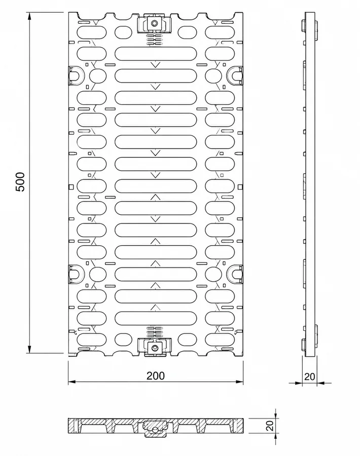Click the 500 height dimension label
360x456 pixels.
click(x=20, y=182)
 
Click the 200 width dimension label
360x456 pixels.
click(x=155, y=376)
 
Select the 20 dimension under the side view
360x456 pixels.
click(x=309, y=376)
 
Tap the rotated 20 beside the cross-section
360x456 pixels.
click(x=270, y=426)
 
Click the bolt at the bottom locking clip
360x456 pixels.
click(x=154, y=347)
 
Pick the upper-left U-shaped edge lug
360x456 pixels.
click(x=76, y=75)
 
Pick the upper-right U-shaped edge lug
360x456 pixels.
click(x=235, y=75)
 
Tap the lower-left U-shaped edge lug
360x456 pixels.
click(x=76, y=274)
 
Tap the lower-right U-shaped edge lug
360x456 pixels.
click(x=235, y=274)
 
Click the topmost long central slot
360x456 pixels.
click(x=155, y=54)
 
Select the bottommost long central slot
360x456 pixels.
click(x=155, y=318)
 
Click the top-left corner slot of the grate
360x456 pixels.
click(x=92, y=32)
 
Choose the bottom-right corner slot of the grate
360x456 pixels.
click(x=220, y=339)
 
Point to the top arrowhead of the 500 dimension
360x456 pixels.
click(x=29, y=16)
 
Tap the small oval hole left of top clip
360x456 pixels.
click(x=123, y=32)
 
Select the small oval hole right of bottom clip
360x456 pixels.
click(x=187, y=339)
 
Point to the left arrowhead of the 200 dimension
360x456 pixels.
click(x=72, y=381)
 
